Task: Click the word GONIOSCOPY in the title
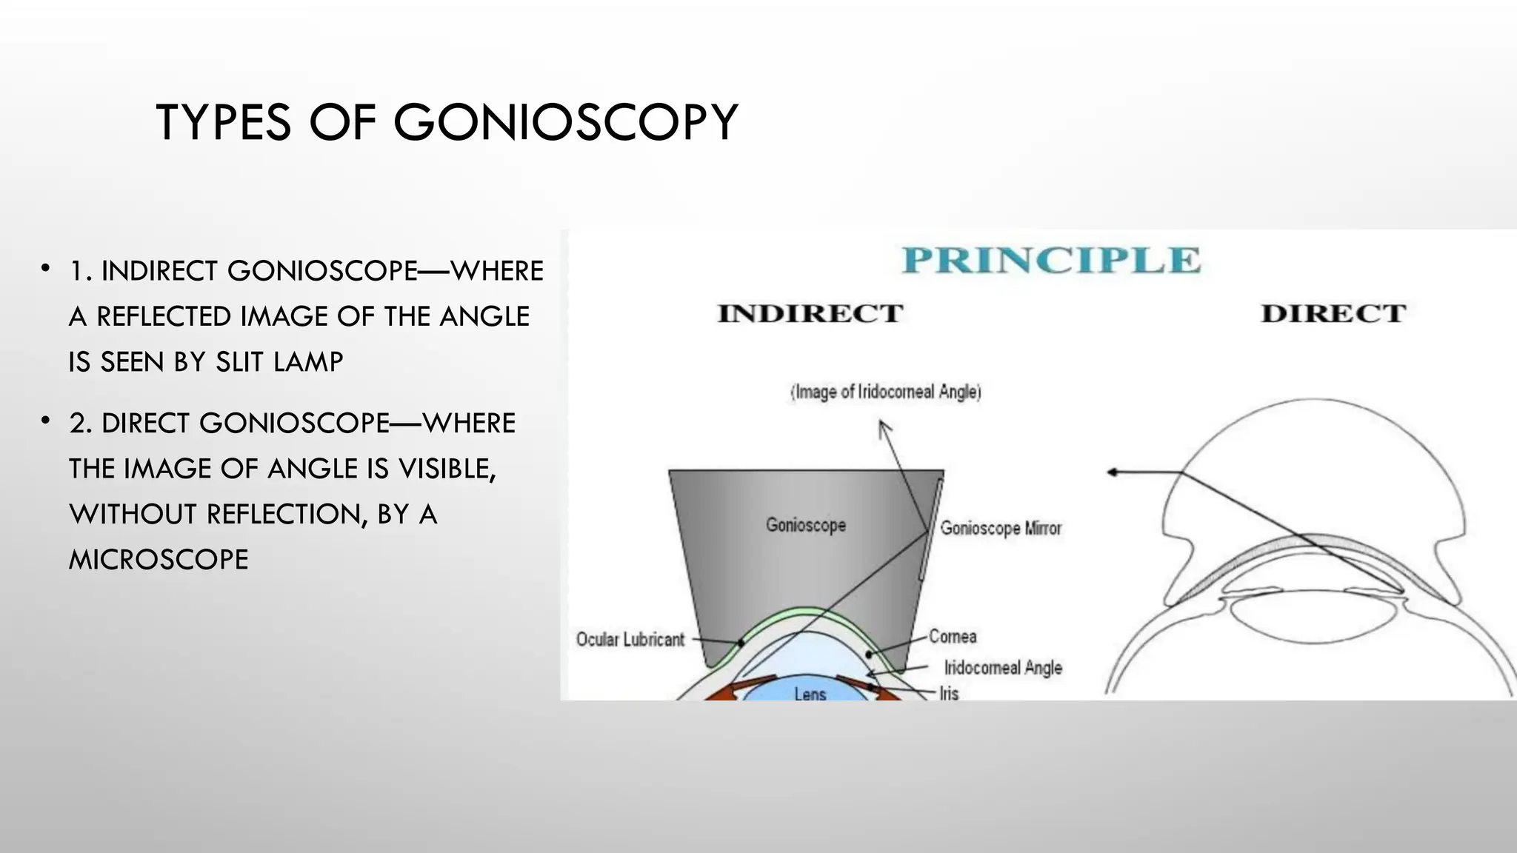coord(565,122)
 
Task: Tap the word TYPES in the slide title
coord(223,122)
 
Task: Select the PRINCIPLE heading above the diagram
coord(1050,260)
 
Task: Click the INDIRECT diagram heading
coord(810,313)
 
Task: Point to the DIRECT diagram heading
coord(1333,313)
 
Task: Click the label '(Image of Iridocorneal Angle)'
coord(886,392)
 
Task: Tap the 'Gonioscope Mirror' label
coord(1001,528)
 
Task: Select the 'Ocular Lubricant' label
coord(630,639)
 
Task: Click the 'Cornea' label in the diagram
coord(953,636)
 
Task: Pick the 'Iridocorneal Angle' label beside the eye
coord(1003,667)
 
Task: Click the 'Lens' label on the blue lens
coord(810,694)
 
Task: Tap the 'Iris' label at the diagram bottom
coord(949,693)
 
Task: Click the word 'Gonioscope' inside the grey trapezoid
coord(806,525)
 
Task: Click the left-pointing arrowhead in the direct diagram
coord(1113,472)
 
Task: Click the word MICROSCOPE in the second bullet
coord(159,560)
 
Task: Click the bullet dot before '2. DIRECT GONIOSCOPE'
coord(46,421)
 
